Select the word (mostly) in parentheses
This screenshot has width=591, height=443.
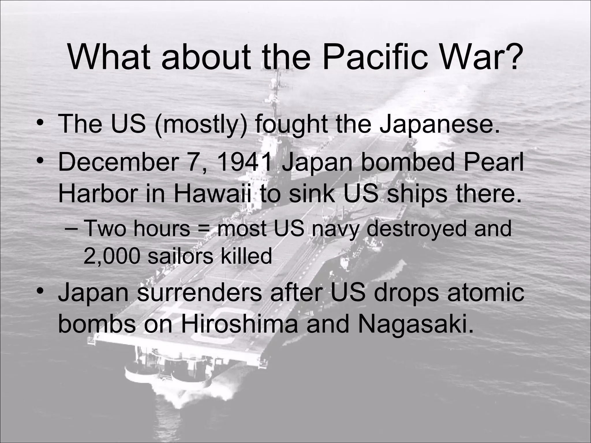click(x=201, y=124)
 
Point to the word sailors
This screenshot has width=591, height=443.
click(x=180, y=256)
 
